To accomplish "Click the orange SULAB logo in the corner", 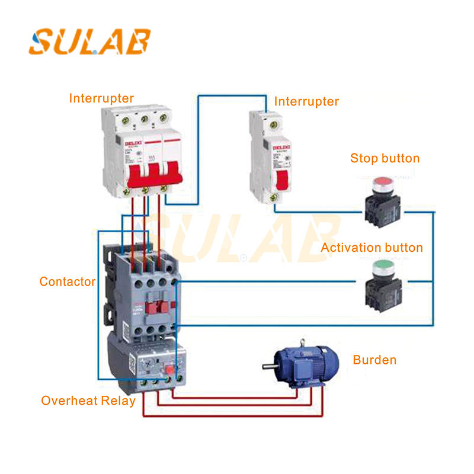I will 89,41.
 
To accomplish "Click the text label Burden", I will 374,360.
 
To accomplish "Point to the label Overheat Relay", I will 88,401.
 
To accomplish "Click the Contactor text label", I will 68,281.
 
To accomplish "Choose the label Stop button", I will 385,158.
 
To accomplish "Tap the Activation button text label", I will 371,247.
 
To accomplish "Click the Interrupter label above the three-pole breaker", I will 101,98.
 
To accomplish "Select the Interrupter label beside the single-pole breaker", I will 306,101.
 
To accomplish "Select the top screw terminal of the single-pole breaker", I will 273,124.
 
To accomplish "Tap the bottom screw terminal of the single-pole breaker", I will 273,197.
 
